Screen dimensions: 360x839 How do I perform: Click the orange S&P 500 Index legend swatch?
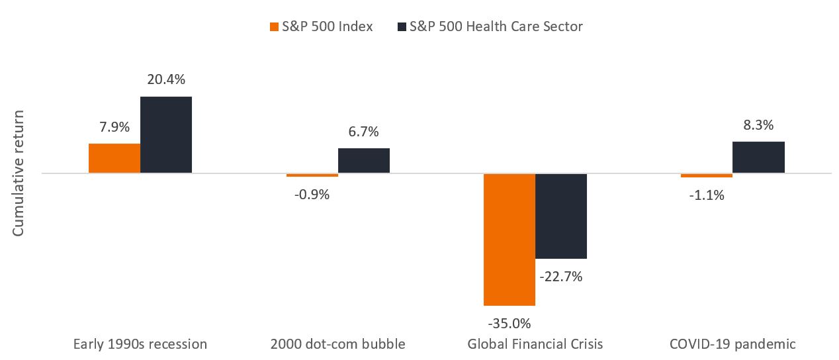coord(274,27)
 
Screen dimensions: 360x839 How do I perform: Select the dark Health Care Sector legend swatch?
coord(401,27)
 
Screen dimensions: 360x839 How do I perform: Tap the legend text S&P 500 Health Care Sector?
coord(496,26)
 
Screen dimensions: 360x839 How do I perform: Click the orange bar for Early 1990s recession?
coord(114,158)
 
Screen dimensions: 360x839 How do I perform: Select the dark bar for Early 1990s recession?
coord(166,135)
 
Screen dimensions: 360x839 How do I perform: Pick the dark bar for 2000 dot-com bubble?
coord(364,161)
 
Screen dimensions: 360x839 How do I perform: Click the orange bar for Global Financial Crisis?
coord(509,239)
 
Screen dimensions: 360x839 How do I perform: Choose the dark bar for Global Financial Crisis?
coord(561,216)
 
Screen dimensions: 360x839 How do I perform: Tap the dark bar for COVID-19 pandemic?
coord(758,157)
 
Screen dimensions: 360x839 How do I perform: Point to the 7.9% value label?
coord(114,126)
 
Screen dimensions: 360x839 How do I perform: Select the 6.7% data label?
coord(364,132)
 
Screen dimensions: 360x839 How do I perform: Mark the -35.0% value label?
coord(509,324)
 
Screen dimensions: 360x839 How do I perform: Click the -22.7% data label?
coord(561,277)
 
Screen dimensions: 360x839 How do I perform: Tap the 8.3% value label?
coord(758,125)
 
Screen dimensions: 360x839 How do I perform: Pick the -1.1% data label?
coord(707,195)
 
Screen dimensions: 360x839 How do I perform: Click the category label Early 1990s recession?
coord(140,344)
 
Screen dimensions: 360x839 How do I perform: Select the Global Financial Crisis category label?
coord(535,344)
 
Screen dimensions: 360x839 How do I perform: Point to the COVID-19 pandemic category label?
coord(732,344)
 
